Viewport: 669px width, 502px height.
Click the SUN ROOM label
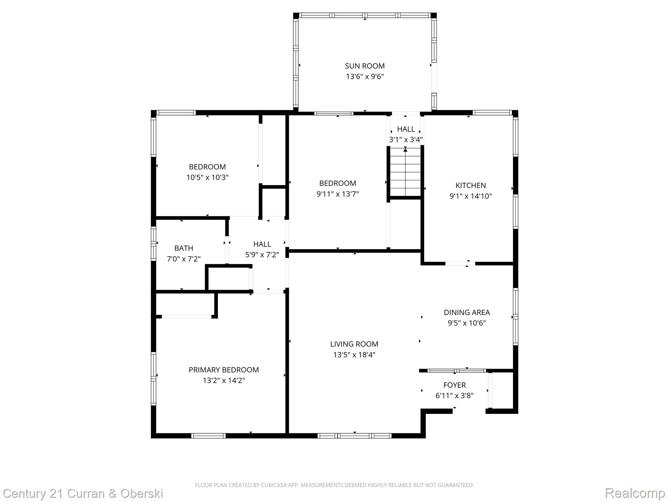coord(365,66)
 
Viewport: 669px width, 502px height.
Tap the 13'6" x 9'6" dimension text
coord(365,77)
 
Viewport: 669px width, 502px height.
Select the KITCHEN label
coord(470,186)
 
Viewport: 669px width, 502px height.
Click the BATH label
coord(184,248)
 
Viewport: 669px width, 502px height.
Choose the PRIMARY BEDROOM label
coord(223,370)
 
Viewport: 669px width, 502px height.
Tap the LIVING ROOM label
coord(354,344)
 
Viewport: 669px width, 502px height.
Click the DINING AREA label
coord(466,312)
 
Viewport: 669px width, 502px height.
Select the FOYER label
coord(454,385)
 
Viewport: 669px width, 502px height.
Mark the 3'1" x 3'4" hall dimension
coord(406,140)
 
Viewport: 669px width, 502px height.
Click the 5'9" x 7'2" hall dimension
coord(262,255)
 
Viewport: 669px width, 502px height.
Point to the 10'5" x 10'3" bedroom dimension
coord(207,178)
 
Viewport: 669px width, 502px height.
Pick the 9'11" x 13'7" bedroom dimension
coord(337,194)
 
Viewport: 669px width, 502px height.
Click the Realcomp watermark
coord(635,493)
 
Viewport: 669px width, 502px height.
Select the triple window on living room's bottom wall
coord(354,436)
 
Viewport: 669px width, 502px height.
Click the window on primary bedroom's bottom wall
coord(208,436)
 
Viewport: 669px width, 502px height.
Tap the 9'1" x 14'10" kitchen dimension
coord(470,196)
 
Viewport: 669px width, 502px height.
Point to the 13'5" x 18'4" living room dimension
coord(354,355)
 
